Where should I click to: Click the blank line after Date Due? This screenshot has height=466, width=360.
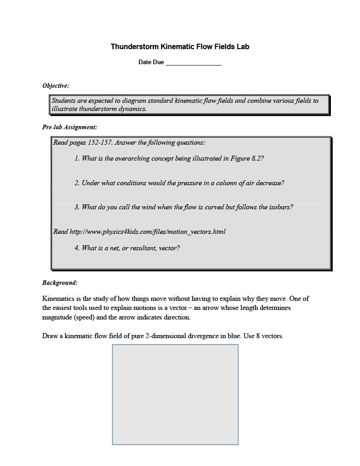tap(193, 63)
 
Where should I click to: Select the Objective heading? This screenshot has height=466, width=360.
tap(56, 86)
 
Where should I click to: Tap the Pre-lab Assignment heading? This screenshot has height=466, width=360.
tap(69, 127)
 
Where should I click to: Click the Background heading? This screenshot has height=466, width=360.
tap(60, 283)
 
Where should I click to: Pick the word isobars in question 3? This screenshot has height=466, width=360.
tap(281, 207)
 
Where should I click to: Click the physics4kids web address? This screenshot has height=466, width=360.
tap(147, 232)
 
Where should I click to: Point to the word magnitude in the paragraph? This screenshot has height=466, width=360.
tap(57, 317)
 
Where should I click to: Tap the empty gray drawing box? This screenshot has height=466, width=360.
tap(175, 394)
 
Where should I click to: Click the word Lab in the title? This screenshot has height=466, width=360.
tap(243, 47)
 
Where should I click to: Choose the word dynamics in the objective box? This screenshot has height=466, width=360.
tap(132, 109)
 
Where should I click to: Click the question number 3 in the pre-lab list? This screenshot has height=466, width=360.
tap(77, 207)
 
